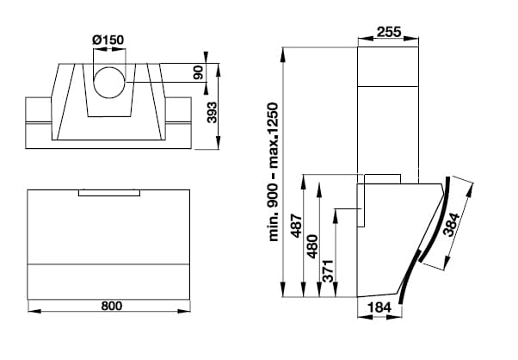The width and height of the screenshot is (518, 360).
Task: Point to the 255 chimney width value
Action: click(x=390, y=33)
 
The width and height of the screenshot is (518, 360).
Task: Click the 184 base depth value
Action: click(x=379, y=307)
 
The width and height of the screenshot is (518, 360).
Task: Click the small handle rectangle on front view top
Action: click(x=109, y=192)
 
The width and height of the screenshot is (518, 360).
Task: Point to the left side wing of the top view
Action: click(x=41, y=112)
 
